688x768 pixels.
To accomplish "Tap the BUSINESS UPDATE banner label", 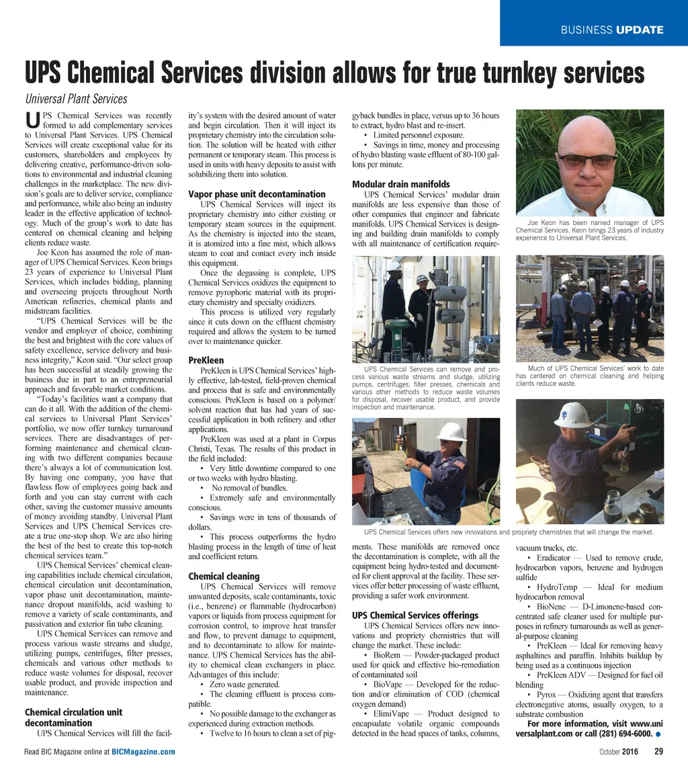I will pyautogui.click(x=612, y=30).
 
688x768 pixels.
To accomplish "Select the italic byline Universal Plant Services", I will pyautogui.click(x=76, y=99).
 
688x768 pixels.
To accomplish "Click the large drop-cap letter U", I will pyautogui.click(x=32, y=121).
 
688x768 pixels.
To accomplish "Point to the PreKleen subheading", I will pyautogui.click(x=206, y=360).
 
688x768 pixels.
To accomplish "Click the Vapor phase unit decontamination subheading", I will pyautogui.click(x=257, y=194).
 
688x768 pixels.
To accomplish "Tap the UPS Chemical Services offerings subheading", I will pyautogui.click(x=415, y=615).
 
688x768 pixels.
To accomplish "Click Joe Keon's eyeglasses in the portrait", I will pyautogui.click(x=587, y=161).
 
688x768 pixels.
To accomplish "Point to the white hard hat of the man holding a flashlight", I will pyautogui.click(x=451, y=431).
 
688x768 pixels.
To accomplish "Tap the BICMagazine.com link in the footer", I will pyautogui.click(x=143, y=751).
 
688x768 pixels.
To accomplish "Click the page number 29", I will pyautogui.click(x=658, y=751).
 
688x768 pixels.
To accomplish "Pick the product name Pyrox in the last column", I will pyautogui.click(x=546, y=694).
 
